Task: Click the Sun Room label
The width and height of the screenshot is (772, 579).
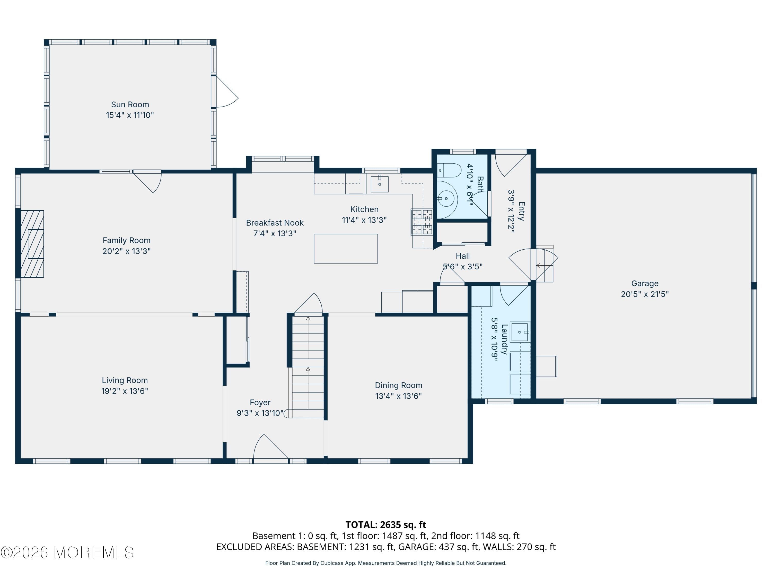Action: (130, 105)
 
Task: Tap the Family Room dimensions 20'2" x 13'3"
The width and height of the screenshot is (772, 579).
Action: (126, 251)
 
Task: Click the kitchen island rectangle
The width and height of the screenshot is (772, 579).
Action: (346, 249)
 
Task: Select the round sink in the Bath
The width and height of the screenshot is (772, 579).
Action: (446, 199)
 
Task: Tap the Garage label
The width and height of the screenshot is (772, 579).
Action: (645, 283)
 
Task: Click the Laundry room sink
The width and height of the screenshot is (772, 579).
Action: (520, 332)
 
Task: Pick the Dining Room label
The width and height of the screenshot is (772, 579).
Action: (399, 385)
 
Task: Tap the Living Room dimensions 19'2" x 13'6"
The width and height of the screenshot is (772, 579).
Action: (125, 391)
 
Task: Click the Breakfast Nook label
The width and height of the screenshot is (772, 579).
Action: (275, 223)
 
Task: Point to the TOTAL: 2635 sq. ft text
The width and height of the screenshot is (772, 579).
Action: (386, 524)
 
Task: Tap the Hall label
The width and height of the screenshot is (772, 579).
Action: (463, 256)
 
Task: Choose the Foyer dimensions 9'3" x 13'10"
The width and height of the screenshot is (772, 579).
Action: (260, 413)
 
